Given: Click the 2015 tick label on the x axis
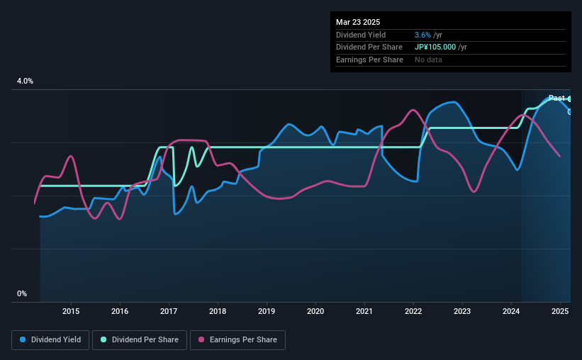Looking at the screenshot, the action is click(x=71, y=311).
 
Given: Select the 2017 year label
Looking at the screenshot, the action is click(x=169, y=311).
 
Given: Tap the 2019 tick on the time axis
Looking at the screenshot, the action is click(x=267, y=311).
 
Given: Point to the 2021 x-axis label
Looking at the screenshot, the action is click(x=364, y=311).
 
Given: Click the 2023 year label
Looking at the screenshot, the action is click(x=462, y=311).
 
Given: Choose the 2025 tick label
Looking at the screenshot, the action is click(x=560, y=311).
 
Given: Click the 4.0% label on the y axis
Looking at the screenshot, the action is click(x=25, y=81).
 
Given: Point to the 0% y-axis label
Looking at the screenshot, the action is click(x=22, y=293).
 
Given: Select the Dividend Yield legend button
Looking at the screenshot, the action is click(x=50, y=340).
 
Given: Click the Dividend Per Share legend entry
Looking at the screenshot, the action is click(x=140, y=340).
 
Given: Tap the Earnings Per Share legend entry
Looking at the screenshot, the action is click(x=238, y=340).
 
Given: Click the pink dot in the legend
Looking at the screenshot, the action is click(x=201, y=339).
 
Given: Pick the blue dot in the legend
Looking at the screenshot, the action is click(x=23, y=339).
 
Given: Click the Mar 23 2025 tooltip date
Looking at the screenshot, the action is click(x=358, y=22).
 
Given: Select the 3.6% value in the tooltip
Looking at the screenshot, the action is click(x=422, y=35).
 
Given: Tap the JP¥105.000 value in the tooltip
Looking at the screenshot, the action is click(x=435, y=47).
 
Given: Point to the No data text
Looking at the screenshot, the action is click(x=428, y=60).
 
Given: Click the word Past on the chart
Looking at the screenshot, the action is click(x=556, y=98).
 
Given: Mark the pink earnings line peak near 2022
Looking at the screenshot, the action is click(x=413, y=110).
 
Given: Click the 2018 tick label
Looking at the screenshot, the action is click(x=218, y=311).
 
